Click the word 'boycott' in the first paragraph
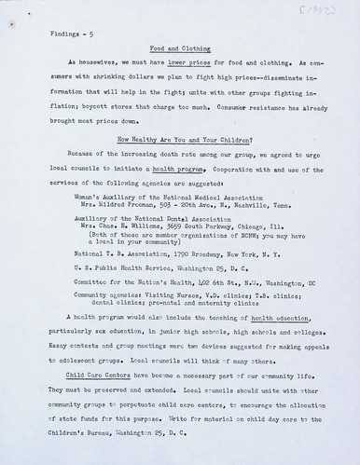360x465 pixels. point(73,109)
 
